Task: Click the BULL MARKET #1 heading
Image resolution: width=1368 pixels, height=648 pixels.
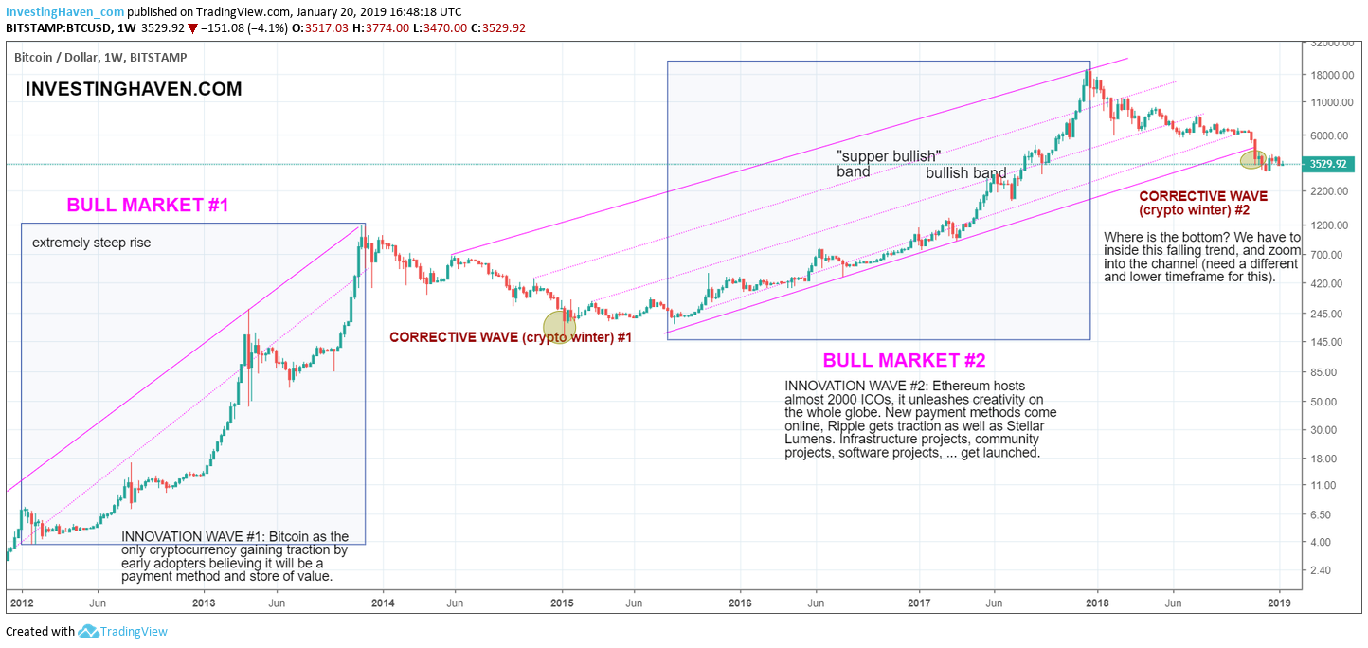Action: pos(148,205)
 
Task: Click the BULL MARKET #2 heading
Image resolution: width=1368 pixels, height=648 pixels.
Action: pos(904,361)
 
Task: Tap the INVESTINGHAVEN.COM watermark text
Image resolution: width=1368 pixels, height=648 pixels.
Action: pos(134,89)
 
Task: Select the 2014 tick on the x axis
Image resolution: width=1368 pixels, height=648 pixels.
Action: pos(383,603)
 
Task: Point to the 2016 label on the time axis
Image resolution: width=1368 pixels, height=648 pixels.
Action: pos(740,603)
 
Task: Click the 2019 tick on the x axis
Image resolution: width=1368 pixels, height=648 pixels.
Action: pos(1280,603)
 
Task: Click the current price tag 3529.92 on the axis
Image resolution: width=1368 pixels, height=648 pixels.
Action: pos(1329,164)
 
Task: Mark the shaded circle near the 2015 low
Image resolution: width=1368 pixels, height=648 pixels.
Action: pos(559,327)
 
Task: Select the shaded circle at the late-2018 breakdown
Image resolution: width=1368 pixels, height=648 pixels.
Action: pos(1254,159)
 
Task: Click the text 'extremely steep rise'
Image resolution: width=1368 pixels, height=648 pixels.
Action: pos(91,243)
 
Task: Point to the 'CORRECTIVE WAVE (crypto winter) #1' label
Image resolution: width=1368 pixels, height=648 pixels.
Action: pos(510,336)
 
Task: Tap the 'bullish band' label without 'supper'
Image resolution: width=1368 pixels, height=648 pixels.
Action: pos(965,173)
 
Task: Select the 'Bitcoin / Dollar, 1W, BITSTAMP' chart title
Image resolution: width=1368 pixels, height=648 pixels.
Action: pos(100,58)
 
